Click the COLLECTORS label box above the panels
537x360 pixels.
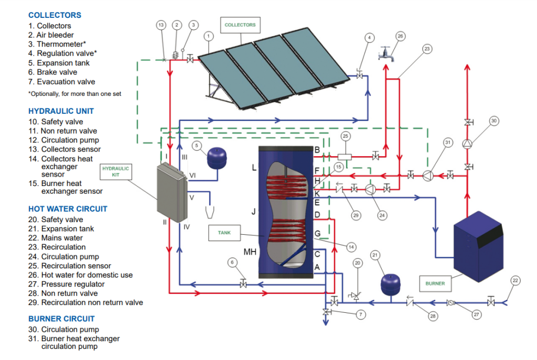click(x=240, y=25)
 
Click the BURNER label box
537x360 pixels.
click(x=435, y=283)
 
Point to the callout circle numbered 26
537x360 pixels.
click(x=400, y=37)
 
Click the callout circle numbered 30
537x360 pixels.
click(x=493, y=121)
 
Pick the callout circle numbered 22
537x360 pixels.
click(x=515, y=281)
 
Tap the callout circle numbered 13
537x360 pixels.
click(x=161, y=25)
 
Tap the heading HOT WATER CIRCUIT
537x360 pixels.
click(x=68, y=209)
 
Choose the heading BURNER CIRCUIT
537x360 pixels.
click(x=61, y=319)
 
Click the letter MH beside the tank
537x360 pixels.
click(x=250, y=252)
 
